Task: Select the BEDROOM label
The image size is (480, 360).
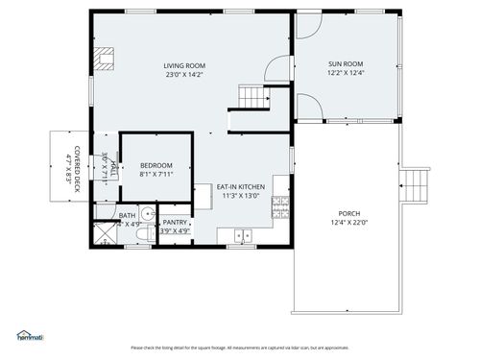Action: (156, 165)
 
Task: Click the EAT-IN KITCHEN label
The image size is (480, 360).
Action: (241, 186)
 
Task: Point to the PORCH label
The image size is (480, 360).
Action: (348, 213)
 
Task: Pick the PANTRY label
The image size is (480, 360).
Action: (175, 222)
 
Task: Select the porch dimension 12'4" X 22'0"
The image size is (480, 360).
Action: (348, 223)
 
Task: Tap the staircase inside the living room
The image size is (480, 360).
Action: (252, 96)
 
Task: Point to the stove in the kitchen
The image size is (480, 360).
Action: (280, 205)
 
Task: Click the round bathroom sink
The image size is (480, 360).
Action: (147, 214)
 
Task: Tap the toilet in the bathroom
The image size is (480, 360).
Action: (142, 234)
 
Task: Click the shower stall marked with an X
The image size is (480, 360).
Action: (105, 234)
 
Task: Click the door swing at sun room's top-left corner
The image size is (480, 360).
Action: (309, 24)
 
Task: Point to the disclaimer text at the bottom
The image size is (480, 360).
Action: (239, 347)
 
